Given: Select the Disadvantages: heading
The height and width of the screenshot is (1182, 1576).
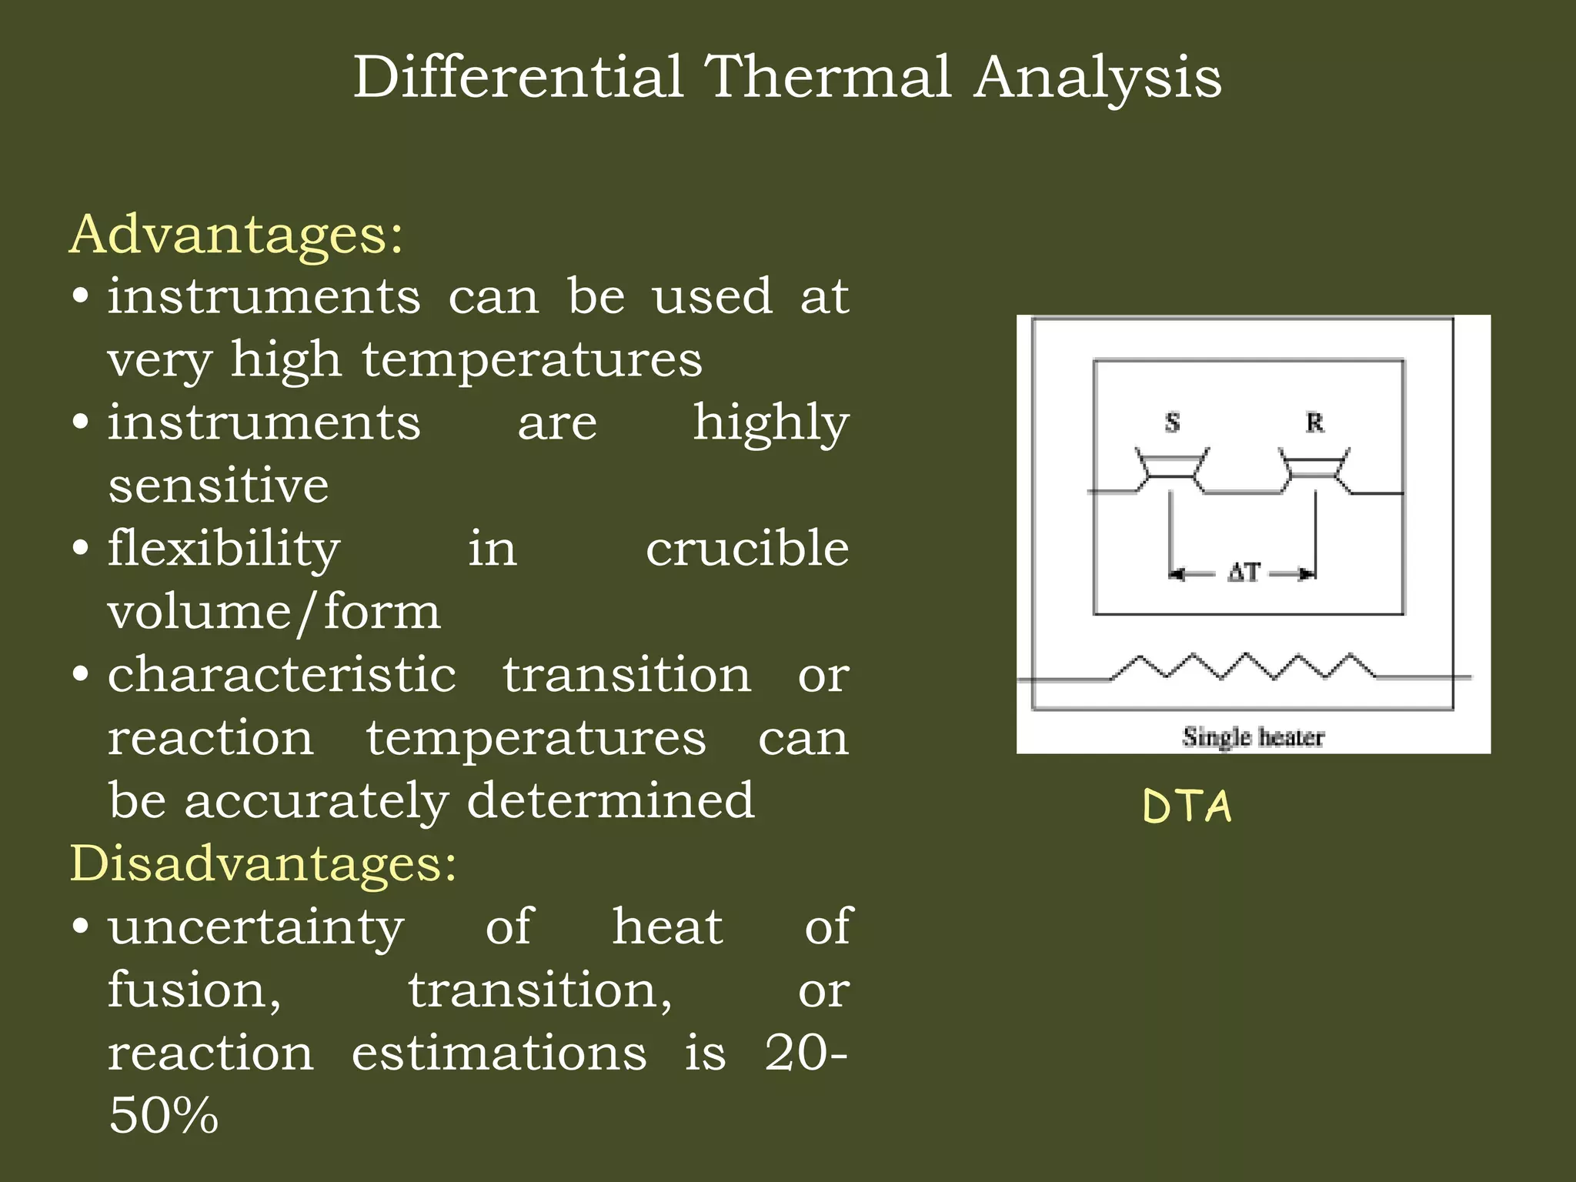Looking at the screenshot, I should tap(263, 863).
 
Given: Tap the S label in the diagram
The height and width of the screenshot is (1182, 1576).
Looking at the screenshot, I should tap(1172, 422).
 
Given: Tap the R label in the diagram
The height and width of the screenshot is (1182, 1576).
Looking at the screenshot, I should tap(1314, 422).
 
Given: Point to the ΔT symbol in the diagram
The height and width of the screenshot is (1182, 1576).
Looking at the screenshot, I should tap(1244, 573).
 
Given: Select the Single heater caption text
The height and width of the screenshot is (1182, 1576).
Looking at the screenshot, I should tap(1253, 737).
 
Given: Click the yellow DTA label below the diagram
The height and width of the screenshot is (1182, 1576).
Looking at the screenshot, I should tap(1187, 806).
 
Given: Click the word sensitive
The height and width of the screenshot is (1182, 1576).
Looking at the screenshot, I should tap(219, 486).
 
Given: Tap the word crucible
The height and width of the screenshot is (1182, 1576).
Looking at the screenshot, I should tap(747, 549).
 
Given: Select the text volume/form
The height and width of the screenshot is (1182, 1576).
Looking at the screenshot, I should tap(274, 613).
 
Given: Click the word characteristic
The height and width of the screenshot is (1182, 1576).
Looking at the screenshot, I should tap(282, 676).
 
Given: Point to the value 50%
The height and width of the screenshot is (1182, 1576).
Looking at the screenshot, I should tap(163, 1116).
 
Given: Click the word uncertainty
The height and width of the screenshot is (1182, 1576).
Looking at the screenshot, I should tap(255, 927).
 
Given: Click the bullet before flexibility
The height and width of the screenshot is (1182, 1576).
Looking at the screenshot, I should tap(81, 549).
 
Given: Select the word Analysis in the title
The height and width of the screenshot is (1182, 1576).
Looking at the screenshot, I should tap(1097, 77).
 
